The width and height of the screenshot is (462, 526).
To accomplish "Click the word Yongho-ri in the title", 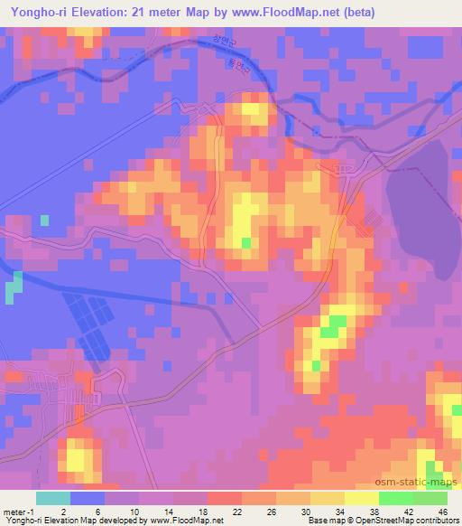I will tap(34, 14).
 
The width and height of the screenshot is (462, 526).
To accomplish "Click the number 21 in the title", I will tap(135, 14).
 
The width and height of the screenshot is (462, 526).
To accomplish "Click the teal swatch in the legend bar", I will tap(53, 498).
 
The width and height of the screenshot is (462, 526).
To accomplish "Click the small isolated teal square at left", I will tap(44, 220).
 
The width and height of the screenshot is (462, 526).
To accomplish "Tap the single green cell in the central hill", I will tap(246, 241).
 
